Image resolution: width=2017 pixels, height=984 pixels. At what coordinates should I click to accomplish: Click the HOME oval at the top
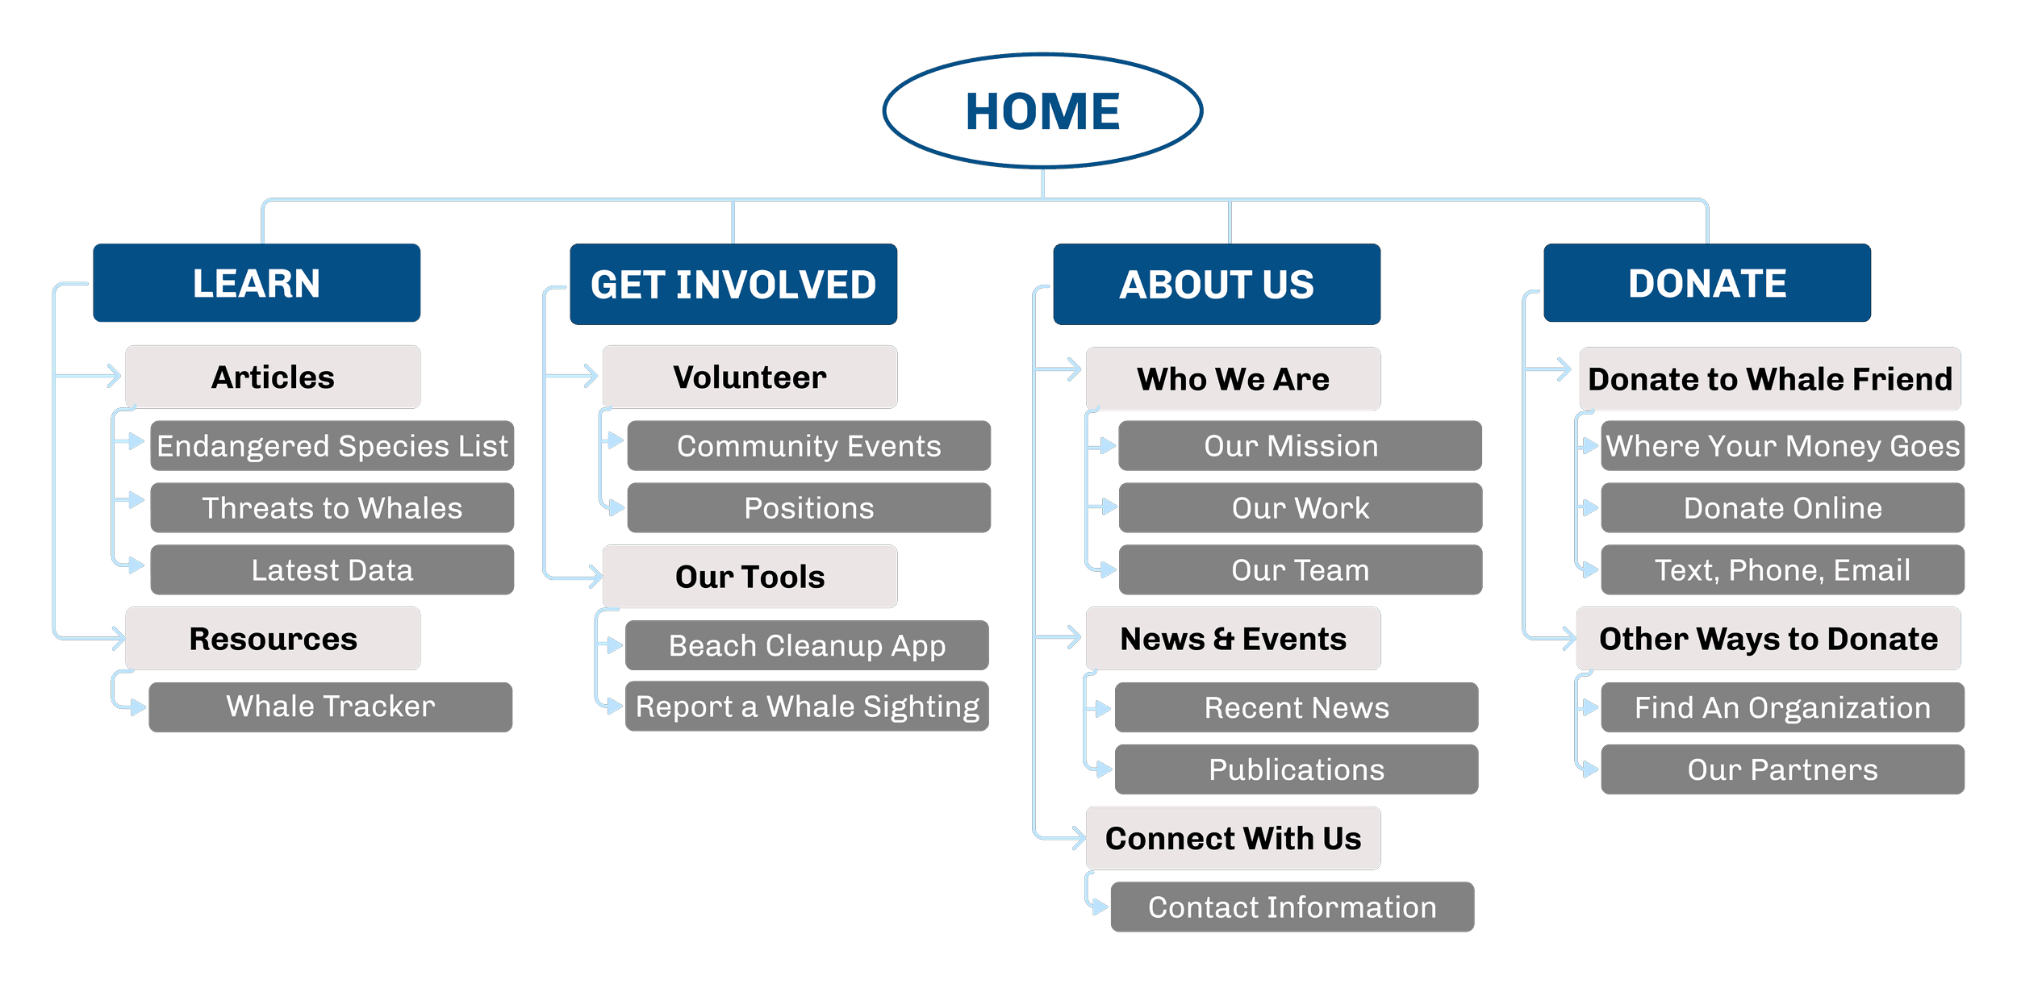click(x=1042, y=110)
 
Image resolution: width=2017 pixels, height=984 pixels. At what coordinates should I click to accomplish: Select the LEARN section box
click(x=257, y=283)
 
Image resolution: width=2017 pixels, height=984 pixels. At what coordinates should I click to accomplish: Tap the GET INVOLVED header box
click(x=733, y=284)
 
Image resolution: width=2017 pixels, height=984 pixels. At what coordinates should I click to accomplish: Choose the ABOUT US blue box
click(x=1217, y=284)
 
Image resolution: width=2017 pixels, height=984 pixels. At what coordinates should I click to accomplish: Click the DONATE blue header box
click(x=1707, y=283)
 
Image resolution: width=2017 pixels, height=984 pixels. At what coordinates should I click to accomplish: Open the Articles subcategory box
click(x=273, y=377)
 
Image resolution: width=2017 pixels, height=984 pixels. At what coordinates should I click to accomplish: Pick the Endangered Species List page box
click(x=332, y=445)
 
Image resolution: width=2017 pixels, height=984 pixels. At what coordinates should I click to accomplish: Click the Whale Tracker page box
click(x=331, y=707)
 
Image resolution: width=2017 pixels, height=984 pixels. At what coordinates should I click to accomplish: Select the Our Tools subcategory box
click(x=750, y=576)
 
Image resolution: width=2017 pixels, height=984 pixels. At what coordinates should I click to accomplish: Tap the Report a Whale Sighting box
click(x=807, y=707)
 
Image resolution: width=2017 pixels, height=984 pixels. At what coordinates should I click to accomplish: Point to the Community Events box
click(x=809, y=445)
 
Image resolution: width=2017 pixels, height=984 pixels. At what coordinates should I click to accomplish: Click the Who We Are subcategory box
click(x=1233, y=378)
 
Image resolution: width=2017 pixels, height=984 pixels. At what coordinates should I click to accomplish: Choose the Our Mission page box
click(x=1300, y=445)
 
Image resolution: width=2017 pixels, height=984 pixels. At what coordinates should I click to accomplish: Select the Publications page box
click(x=1297, y=769)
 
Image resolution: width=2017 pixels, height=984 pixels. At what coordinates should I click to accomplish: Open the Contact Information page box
click(x=1292, y=907)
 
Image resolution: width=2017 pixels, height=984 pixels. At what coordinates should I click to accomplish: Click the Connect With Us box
click(x=1233, y=838)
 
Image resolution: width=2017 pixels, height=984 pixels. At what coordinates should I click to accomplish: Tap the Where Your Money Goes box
click(x=1783, y=445)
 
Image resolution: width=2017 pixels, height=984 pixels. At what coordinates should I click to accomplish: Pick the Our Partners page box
click(x=1783, y=769)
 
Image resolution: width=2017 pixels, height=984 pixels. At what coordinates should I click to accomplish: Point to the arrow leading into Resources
click(x=89, y=639)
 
